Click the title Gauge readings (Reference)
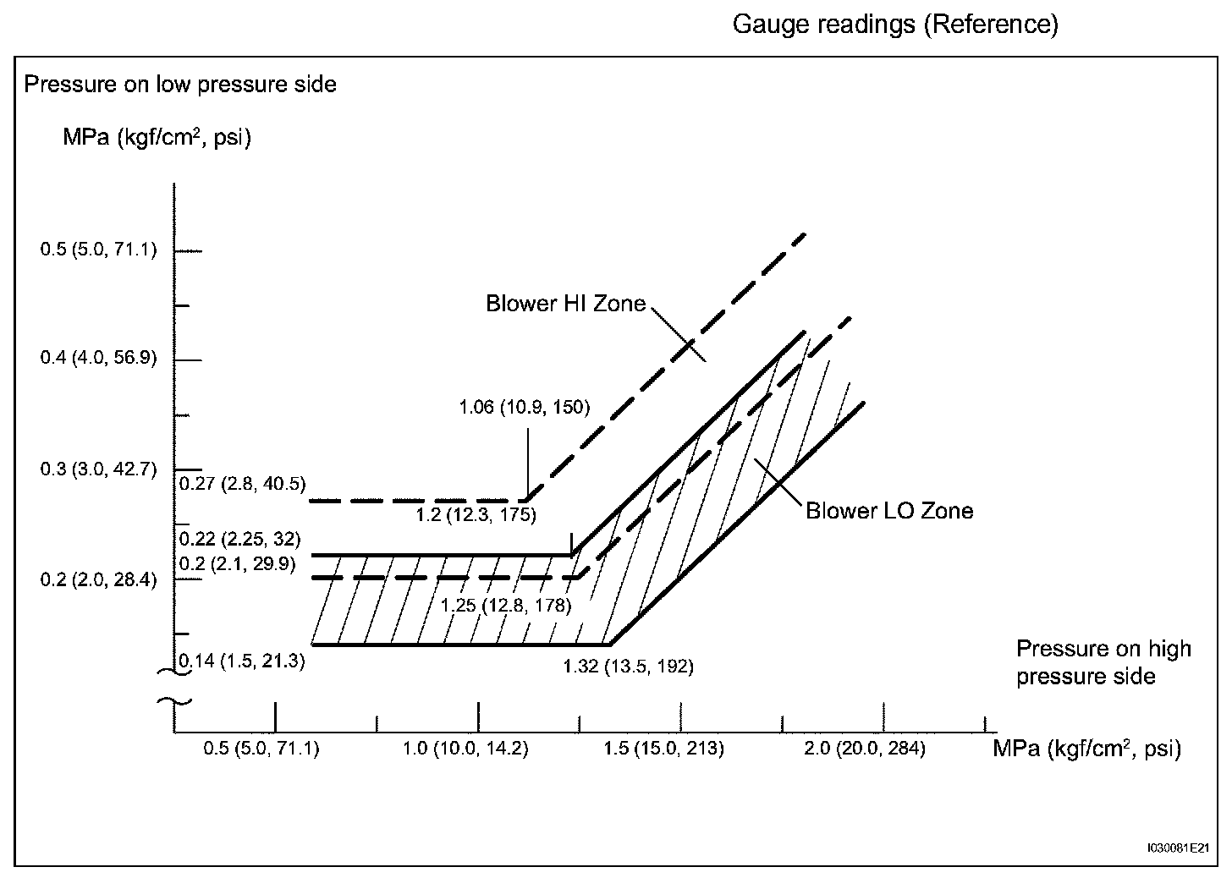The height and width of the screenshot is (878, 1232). click(x=894, y=25)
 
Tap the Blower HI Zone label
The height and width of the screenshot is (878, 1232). click(x=565, y=304)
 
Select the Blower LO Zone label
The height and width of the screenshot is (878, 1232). click(x=888, y=511)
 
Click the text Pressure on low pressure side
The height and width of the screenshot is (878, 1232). click(x=180, y=85)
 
